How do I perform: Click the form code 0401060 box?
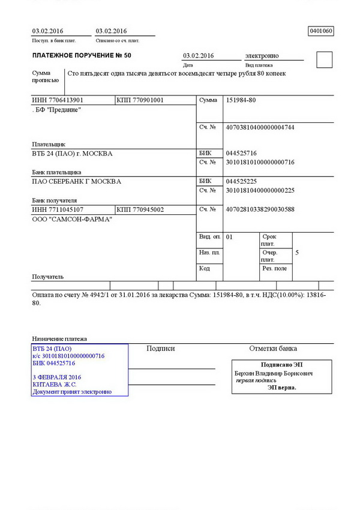click(320, 31)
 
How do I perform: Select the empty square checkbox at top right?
click(323, 59)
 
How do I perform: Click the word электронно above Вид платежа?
click(262, 56)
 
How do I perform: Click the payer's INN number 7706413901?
click(58, 100)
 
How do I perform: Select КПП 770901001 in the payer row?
click(140, 100)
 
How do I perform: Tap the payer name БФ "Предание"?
click(56, 110)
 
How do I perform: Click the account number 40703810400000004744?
click(260, 127)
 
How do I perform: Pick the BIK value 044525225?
click(241, 181)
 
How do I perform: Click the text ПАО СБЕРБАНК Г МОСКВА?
click(76, 181)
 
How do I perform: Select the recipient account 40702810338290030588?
click(260, 209)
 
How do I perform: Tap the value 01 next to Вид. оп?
click(229, 237)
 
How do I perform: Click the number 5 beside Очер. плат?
click(297, 253)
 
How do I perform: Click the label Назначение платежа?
click(59, 339)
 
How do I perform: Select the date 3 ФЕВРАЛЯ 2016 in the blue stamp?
click(57, 377)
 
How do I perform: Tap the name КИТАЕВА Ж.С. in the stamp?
click(55, 385)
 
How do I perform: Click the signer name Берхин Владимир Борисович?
click(273, 373)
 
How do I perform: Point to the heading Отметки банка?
click(273, 349)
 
